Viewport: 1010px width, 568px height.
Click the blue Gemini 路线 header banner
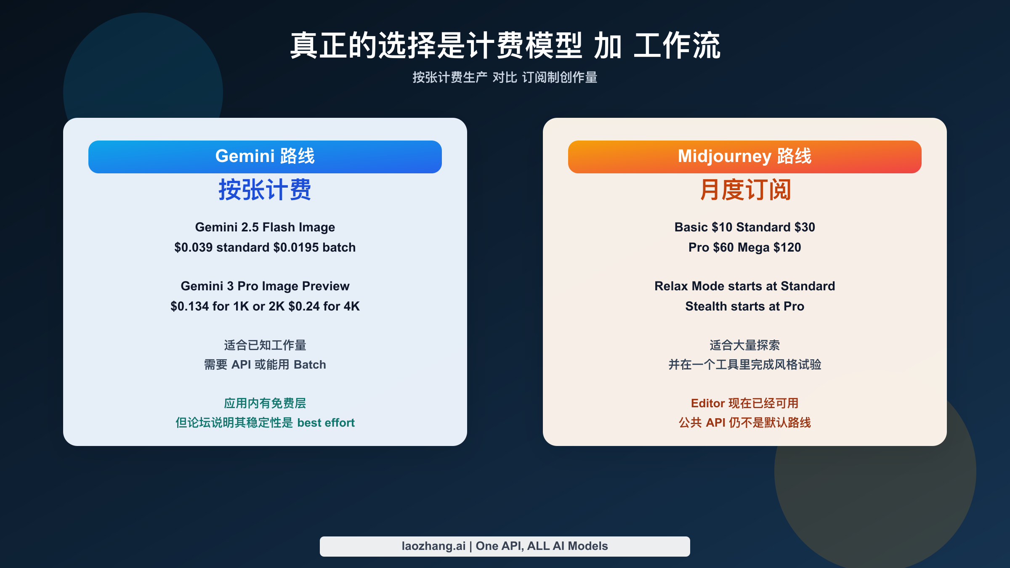[265, 157]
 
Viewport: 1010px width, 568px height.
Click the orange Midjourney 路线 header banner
[744, 157]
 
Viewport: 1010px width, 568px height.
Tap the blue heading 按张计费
[265, 190]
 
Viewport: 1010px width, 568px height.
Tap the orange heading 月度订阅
[745, 190]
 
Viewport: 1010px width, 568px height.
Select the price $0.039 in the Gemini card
[193, 247]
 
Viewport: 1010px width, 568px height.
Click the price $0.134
[189, 306]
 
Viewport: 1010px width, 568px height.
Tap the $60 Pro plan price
[723, 247]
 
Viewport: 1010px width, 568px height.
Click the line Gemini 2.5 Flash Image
[265, 227]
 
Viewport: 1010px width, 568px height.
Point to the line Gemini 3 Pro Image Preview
[265, 286]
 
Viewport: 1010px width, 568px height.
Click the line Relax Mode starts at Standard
[744, 286]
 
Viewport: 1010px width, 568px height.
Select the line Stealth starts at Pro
[744, 306]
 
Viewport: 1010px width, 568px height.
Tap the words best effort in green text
[326, 422]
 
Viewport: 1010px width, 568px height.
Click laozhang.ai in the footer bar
[433, 546]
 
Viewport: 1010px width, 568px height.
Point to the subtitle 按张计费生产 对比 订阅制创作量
[505, 77]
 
